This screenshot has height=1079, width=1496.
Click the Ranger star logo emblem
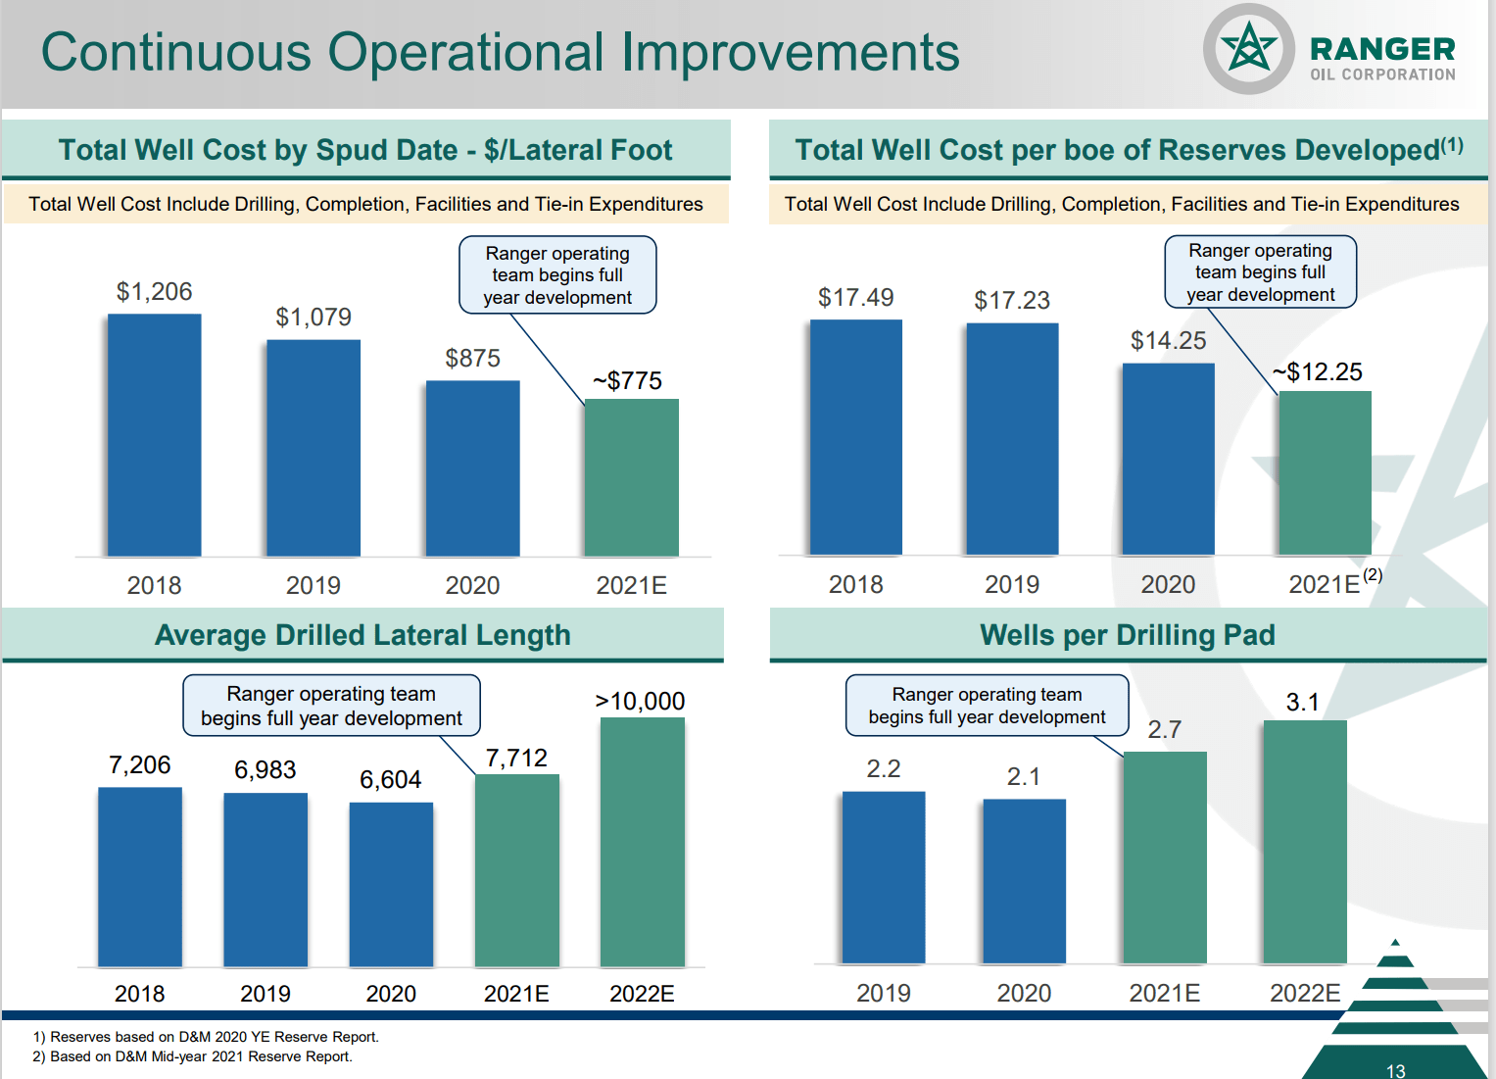click(1249, 49)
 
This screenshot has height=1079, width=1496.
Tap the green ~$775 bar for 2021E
click(631, 477)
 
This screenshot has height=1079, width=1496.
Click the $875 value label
click(472, 359)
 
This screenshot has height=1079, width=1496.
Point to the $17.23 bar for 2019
click(1012, 438)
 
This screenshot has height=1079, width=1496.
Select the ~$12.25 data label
click(1318, 372)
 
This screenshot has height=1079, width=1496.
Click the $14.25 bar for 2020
click(1168, 459)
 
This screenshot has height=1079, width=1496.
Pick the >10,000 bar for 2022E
click(642, 842)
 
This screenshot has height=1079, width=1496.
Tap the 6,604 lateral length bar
click(391, 884)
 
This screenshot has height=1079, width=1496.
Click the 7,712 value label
click(516, 759)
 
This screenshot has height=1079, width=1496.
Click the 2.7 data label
click(1164, 730)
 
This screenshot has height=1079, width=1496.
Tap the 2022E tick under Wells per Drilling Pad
click(1305, 994)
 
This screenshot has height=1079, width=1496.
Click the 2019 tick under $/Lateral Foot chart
click(314, 586)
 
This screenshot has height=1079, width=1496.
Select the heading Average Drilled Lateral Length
click(362, 635)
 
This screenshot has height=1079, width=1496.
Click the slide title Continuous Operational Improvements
click(500, 52)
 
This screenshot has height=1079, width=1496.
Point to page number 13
click(1395, 1071)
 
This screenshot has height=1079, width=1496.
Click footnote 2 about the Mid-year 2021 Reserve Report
click(192, 1056)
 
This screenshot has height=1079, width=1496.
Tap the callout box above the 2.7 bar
click(987, 706)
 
